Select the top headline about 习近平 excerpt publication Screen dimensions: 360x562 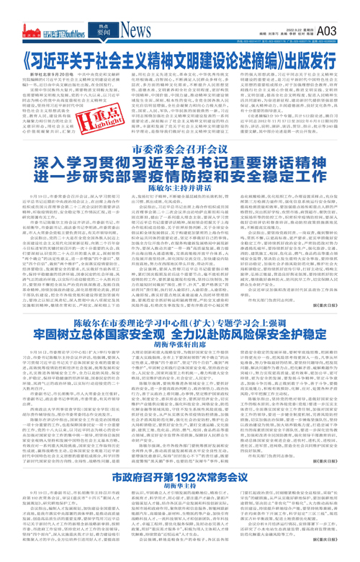point(180,57)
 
